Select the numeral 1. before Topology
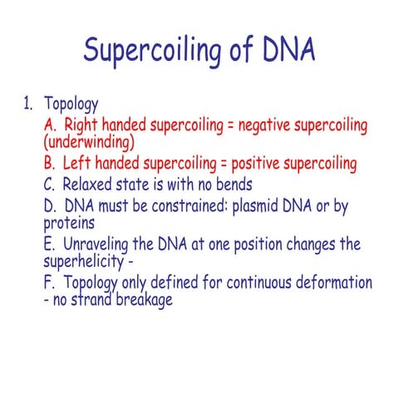pyautogui.click(x=27, y=105)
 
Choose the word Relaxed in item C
pyautogui.click(x=90, y=183)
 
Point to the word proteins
pyautogui.click(x=69, y=223)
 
